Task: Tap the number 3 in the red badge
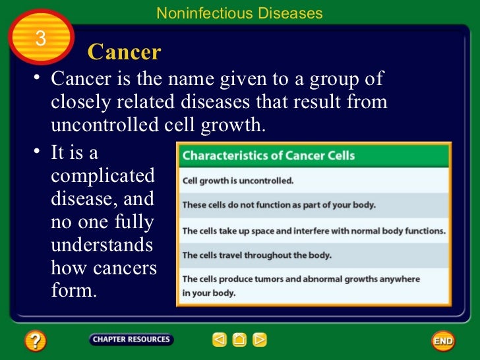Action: pyautogui.click(x=41, y=39)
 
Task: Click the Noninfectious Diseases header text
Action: pyautogui.click(x=239, y=13)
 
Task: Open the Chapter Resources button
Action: pyautogui.click(x=131, y=340)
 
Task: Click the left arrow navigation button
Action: pyautogui.click(x=220, y=340)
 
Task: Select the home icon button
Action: pyautogui.click(x=239, y=340)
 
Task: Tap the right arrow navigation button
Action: pyautogui.click(x=260, y=340)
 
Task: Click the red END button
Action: pyautogui.click(x=443, y=341)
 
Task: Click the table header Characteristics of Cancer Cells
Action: pyautogui.click(x=268, y=156)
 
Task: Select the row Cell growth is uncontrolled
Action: pyautogui.click(x=238, y=180)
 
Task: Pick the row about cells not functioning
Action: pyautogui.click(x=279, y=204)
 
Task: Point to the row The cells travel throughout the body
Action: pyautogui.click(x=256, y=255)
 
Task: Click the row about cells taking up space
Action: pyautogui.click(x=314, y=230)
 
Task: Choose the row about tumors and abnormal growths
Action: pyautogui.click(x=301, y=285)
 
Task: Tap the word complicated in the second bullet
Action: pyautogui.click(x=103, y=177)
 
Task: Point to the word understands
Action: pyautogui.click(x=102, y=245)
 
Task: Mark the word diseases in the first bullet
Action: pyautogui.click(x=216, y=103)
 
